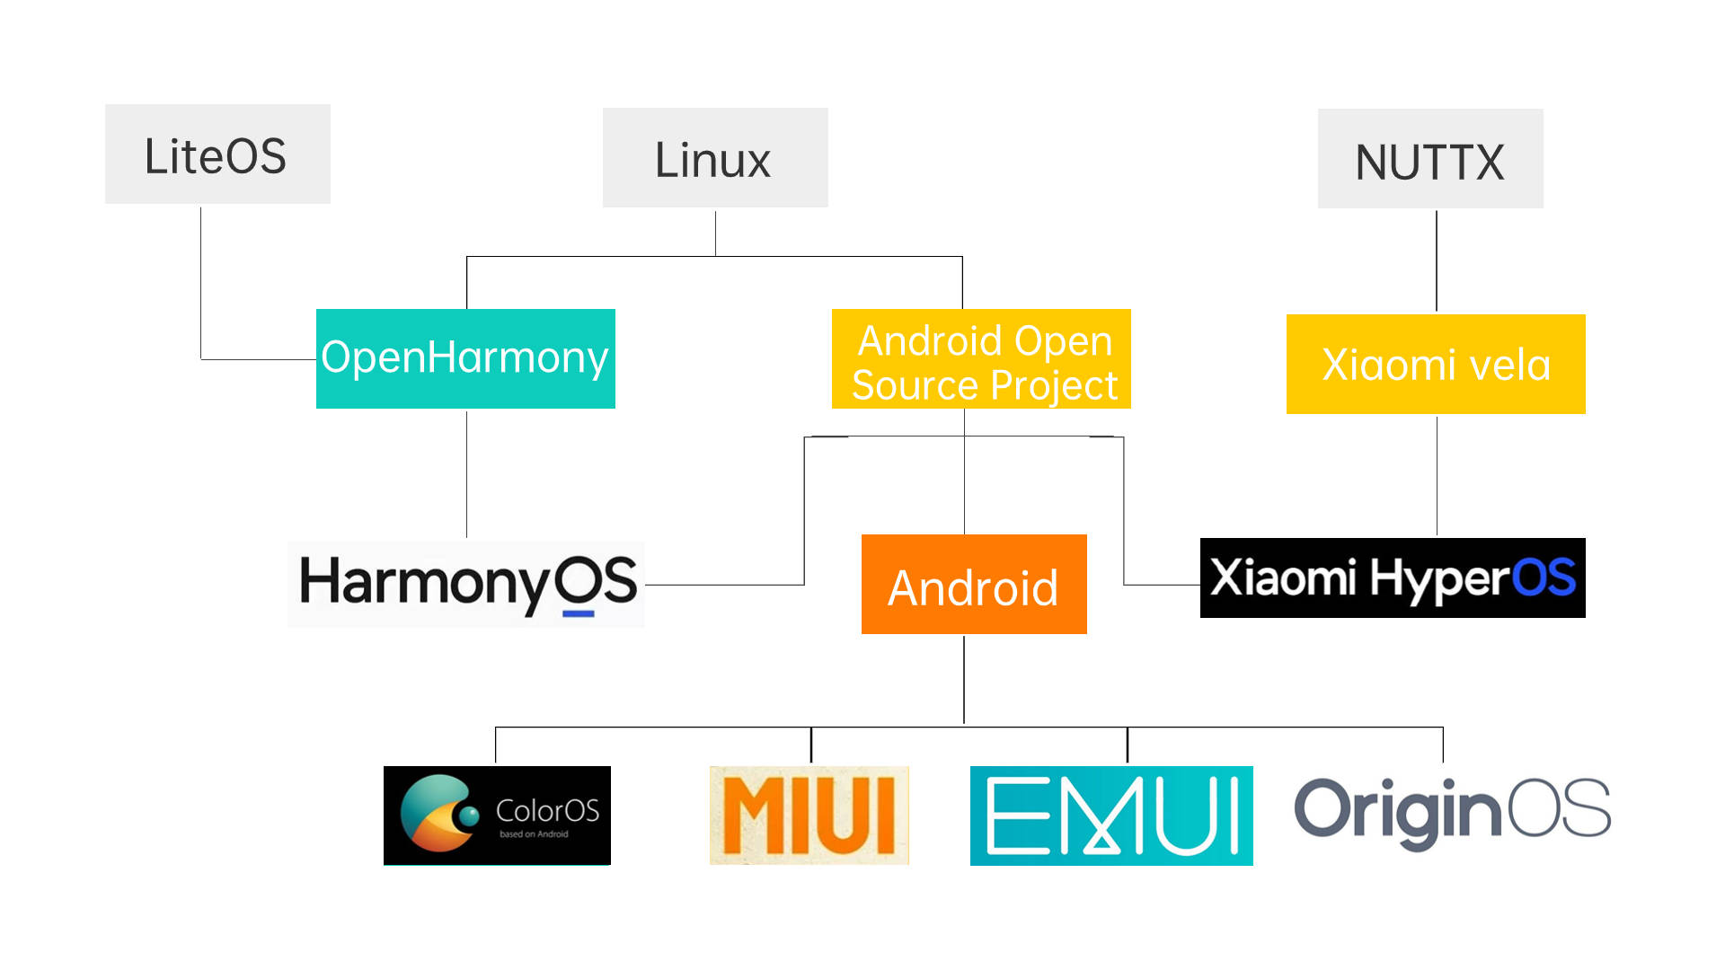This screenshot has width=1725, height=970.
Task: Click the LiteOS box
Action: [217, 154]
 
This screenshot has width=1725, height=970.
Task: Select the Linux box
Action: [715, 158]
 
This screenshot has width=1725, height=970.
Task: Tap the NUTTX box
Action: [1430, 159]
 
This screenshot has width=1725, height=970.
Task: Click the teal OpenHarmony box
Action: [465, 358]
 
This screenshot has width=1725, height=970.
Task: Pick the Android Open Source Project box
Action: [981, 359]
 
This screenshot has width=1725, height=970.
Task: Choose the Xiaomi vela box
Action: [1436, 365]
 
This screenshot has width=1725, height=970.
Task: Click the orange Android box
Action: [974, 585]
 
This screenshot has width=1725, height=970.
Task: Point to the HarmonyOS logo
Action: [467, 583]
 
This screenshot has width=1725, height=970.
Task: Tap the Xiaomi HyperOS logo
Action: [1393, 578]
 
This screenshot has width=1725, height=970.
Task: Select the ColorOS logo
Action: [497, 816]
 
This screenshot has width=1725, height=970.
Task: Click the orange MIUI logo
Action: [809, 816]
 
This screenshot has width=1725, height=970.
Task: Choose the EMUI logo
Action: [1111, 816]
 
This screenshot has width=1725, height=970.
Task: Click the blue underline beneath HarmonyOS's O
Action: [578, 614]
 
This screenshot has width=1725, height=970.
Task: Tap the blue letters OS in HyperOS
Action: [1544, 578]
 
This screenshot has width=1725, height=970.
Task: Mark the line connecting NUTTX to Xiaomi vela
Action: [1436, 260]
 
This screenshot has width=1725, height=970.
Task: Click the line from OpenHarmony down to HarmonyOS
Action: [466, 473]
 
